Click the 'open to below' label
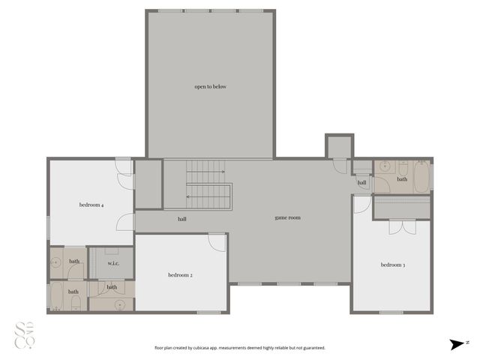210,87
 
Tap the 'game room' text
287,217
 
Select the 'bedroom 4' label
91,205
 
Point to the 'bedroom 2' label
180,275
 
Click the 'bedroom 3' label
392,265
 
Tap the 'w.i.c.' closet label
114,263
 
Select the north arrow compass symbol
457,344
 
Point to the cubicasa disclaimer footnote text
240,348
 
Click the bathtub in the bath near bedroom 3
418,177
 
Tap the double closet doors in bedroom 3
401,226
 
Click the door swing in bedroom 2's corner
217,242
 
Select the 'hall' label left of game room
182,220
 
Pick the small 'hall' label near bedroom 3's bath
361,182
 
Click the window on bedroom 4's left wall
49,226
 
